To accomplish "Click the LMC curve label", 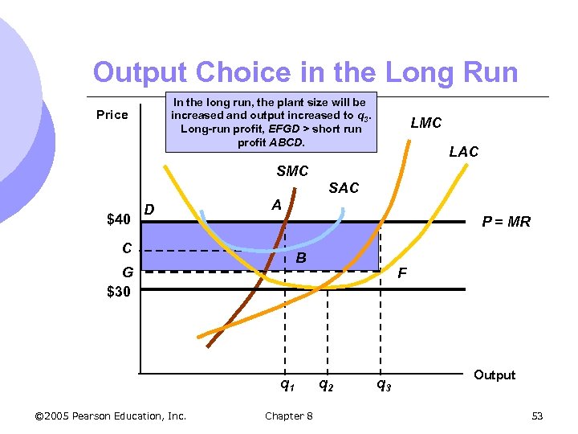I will tap(425, 123).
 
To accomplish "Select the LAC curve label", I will tap(463, 152).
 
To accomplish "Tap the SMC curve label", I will tap(292, 171).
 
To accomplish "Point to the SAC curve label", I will tap(344, 187).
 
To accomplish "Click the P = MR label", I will tap(506, 222).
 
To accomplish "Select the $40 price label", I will tap(120, 219).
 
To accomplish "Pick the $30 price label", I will tap(120, 291).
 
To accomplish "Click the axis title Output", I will tap(495, 375).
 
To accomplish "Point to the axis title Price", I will tap(112, 115).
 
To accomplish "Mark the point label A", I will tap(276, 205).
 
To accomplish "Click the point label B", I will tap(300, 258).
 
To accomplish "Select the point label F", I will tap(402, 273).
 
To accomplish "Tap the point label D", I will tap(149, 211).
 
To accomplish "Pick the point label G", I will tap(117, 273).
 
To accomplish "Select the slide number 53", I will tap(537, 416).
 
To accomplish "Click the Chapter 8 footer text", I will tap(289, 416).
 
